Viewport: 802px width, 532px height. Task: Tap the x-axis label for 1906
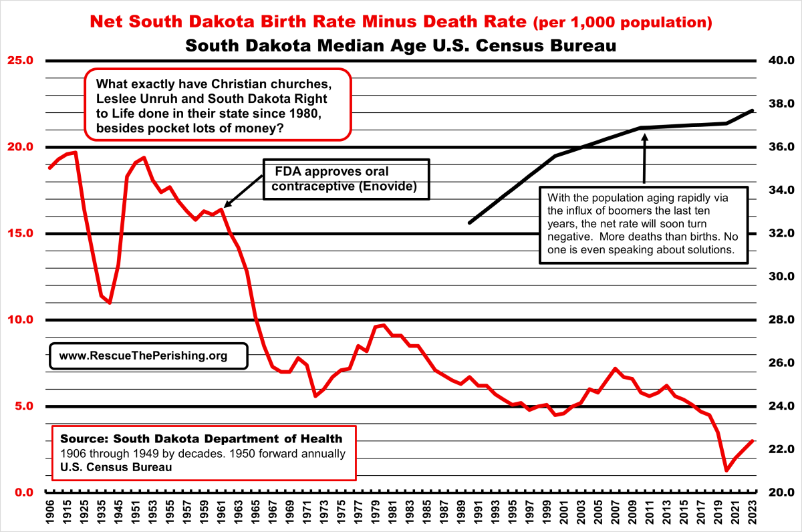pyautogui.click(x=49, y=511)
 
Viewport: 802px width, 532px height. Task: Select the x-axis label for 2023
pyautogui.click(x=752, y=511)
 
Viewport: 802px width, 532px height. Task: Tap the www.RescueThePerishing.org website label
pyautogui.click(x=143, y=356)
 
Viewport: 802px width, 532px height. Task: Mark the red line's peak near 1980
pyautogui.click(x=383, y=325)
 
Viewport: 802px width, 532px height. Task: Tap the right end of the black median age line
pyautogui.click(x=753, y=110)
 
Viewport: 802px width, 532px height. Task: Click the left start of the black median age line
pyautogui.click(x=469, y=223)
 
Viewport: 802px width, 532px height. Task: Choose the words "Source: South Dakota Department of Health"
pyautogui.click(x=200, y=439)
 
